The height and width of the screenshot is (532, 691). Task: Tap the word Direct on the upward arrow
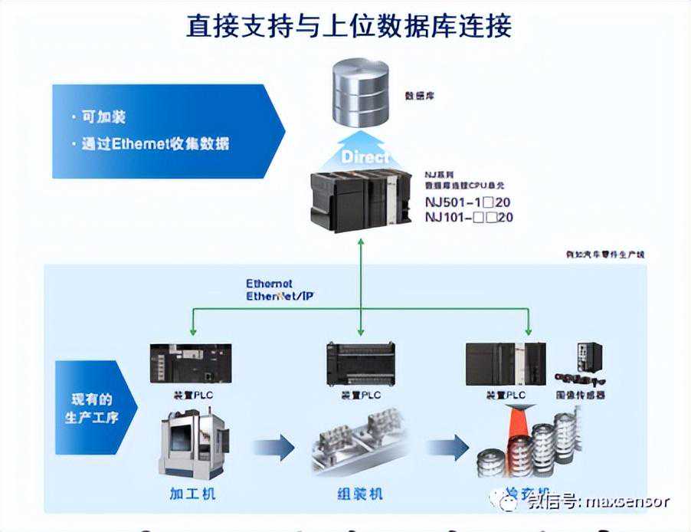[365, 157]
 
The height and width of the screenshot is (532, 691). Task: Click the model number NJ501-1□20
[468, 203]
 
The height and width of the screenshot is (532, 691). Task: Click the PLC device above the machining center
[189, 364]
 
